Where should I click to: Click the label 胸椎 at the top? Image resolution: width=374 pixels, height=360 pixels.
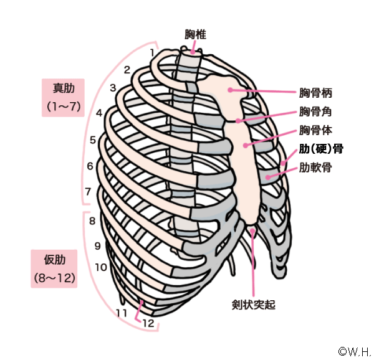tap(195, 35)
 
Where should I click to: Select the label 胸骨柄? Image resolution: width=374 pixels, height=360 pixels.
tap(315, 94)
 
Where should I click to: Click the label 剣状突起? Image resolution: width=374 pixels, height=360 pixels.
tap(253, 305)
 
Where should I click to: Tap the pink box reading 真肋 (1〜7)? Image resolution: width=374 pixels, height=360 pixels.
tap(63, 95)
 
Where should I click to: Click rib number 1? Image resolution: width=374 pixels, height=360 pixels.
tap(153, 52)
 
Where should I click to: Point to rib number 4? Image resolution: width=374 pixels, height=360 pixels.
tap(99, 113)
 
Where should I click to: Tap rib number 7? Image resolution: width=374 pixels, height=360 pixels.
tap(89, 191)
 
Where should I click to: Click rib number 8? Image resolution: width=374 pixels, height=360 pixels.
tap(92, 220)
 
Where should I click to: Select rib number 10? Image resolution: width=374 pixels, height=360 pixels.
tap(100, 267)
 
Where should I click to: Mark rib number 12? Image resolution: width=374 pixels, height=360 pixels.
tap(148, 323)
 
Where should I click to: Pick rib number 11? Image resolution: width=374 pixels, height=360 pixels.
tap(122, 311)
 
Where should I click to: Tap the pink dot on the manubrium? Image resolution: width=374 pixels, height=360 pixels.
tap(231, 90)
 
